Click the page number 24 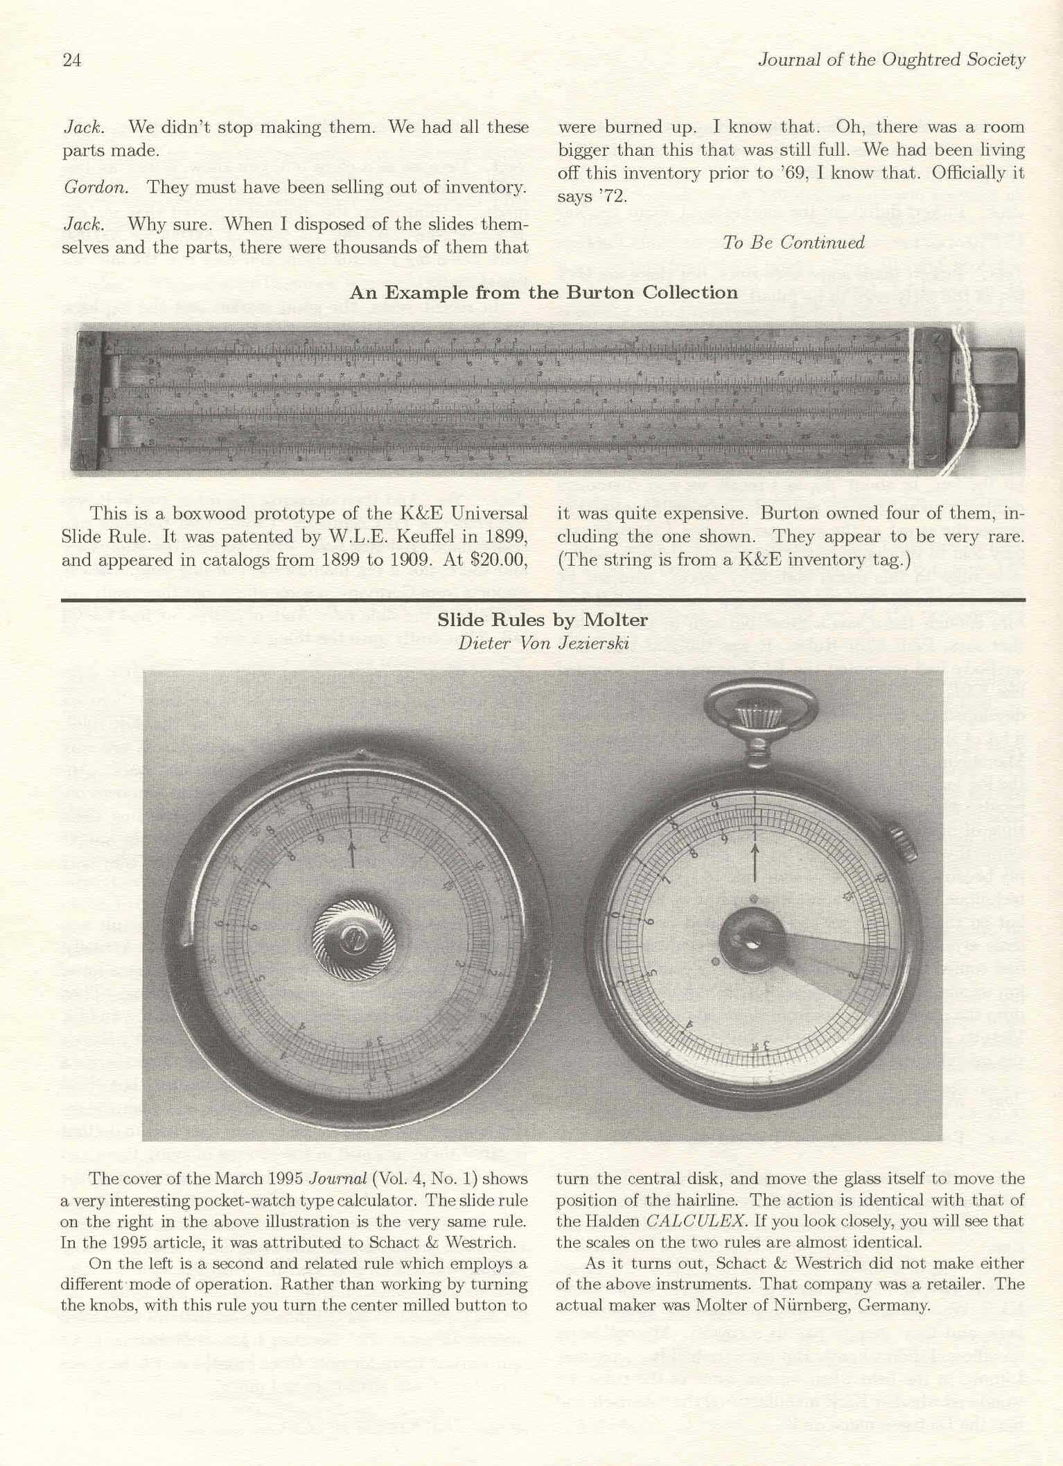pos(72,61)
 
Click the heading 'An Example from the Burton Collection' pos(543,292)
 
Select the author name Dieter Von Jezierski pos(543,643)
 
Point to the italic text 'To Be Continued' pos(793,242)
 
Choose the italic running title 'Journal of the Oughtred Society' pos(891,60)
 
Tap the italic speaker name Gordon pos(95,188)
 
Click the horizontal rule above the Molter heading pos(543,598)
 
